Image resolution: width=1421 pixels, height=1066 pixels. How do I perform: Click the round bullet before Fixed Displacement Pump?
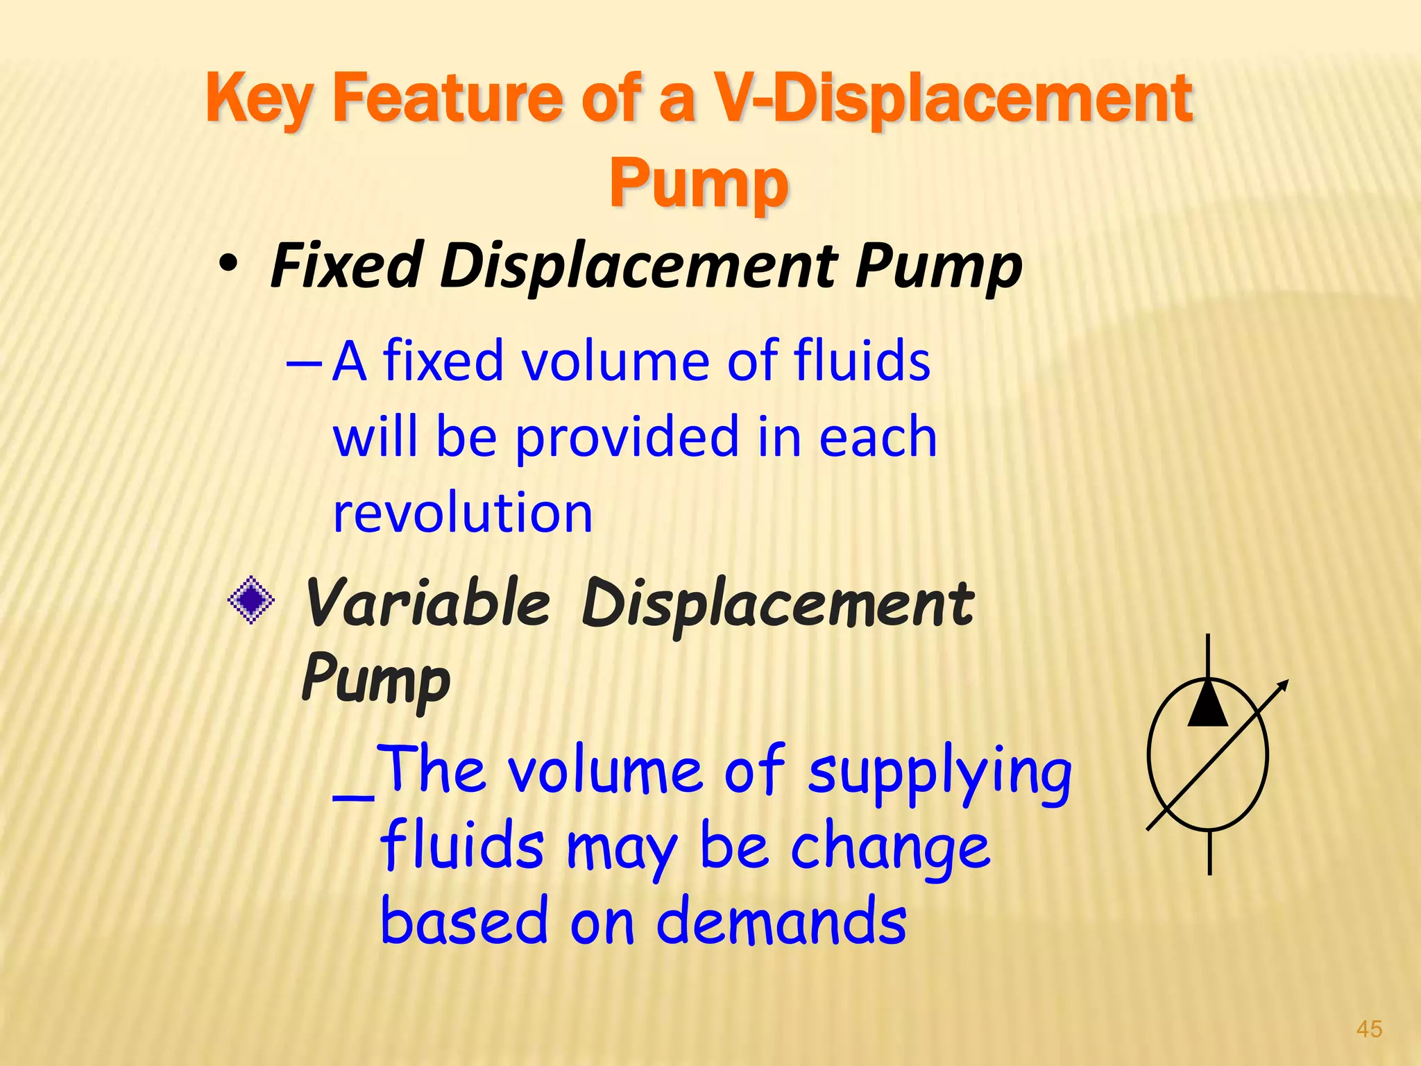[x=228, y=266]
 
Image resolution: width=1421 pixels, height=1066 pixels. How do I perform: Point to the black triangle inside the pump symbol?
[x=1208, y=704]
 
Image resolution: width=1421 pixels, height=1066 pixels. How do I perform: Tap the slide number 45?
[x=1369, y=1029]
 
